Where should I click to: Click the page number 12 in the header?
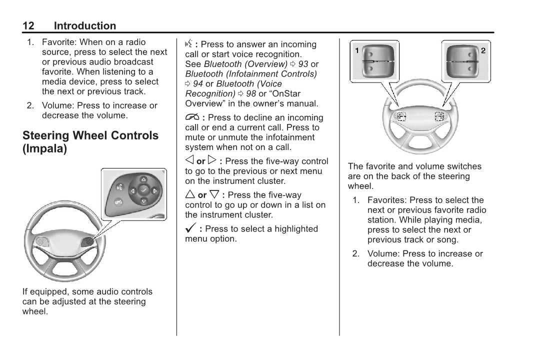pyautogui.click(x=28, y=26)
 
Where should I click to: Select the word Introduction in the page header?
pyautogui.click(x=84, y=26)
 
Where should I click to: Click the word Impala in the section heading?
pyautogui.click(x=44, y=149)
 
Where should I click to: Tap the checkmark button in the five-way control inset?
pyautogui.click(x=143, y=190)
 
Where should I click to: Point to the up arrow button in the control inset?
pyautogui.click(x=143, y=179)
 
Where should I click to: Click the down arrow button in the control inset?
pyautogui.click(x=143, y=201)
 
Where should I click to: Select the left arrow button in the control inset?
pyautogui.click(x=132, y=190)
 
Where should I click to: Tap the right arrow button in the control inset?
pyautogui.click(x=154, y=190)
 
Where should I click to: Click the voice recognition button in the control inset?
pyautogui.click(x=119, y=187)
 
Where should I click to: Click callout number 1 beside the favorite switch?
pyautogui.click(x=357, y=50)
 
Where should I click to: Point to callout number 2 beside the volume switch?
pyautogui.click(x=483, y=50)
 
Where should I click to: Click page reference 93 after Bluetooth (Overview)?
pyautogui.click(x=303, y=64)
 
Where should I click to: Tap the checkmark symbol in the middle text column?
pyautogui.click(x=190, y=228)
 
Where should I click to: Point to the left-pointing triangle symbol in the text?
pyautogui.click(x=189, y=161)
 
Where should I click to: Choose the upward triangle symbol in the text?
pyautogui.click(x=190, y=194)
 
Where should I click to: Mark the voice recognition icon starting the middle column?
pyautogui.click(x=188, y=44)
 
